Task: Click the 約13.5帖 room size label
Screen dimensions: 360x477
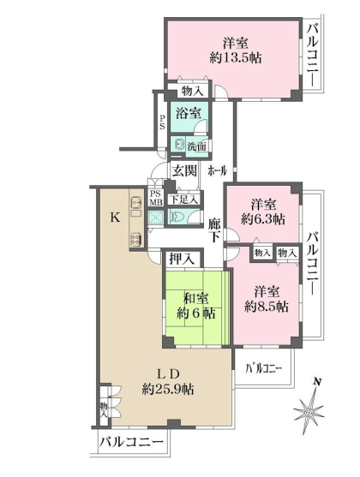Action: (236, 57)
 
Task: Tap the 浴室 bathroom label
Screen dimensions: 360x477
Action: (189, 113)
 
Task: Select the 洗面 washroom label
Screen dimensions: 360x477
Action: (196, 147)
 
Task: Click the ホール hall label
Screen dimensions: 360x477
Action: (218, 171)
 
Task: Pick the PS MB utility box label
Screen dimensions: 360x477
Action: (156, 198)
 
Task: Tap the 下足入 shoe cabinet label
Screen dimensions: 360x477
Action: (184, 200)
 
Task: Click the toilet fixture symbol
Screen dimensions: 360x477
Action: (177, 218)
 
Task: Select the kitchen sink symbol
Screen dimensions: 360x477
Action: (135, 202)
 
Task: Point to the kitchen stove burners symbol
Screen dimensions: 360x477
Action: (135, 240)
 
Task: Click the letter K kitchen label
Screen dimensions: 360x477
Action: (115, 218)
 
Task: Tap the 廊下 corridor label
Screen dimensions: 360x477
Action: (213, 230)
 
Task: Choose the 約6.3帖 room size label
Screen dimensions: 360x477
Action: (263, 219)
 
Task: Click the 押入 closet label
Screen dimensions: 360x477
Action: (182, 259)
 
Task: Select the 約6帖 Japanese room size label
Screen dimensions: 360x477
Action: (195, 313)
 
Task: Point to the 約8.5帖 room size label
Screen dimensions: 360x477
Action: (267, 307)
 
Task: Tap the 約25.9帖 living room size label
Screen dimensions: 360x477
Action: (168, 389)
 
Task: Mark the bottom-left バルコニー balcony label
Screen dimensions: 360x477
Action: (131, 441)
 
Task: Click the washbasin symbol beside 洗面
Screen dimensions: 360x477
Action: (179, 144)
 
